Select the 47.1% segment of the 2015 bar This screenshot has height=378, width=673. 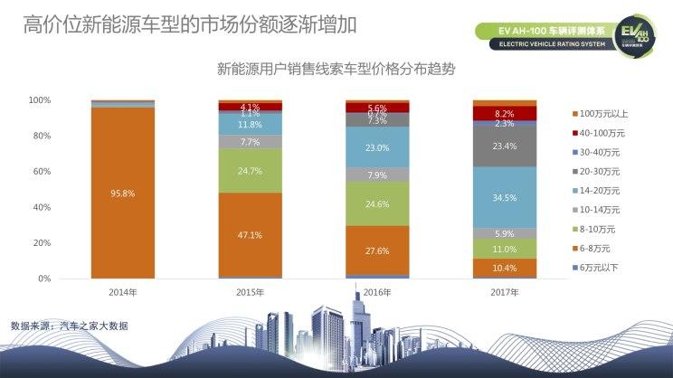pos(251,234)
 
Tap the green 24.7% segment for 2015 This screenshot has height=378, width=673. pos(251,170)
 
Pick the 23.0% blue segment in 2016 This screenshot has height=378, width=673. pos(377,147)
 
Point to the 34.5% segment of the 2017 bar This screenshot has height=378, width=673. pos(505,197)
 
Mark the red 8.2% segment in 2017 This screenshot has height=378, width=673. pos(505,114)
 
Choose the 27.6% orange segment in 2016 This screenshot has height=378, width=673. pos(377,250)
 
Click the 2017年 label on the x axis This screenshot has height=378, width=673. pos(505,292)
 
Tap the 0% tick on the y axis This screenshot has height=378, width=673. pos(43,279)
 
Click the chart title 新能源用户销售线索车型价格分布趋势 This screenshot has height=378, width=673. pos(336,68)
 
